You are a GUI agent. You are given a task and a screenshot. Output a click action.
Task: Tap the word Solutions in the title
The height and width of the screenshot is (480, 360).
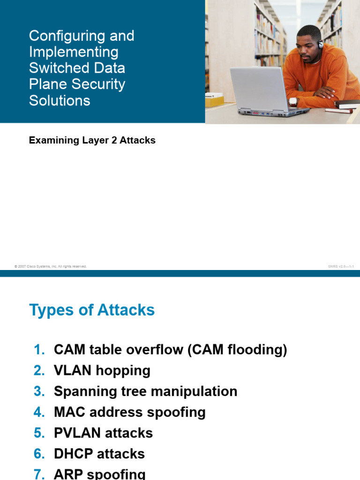click(60, 100)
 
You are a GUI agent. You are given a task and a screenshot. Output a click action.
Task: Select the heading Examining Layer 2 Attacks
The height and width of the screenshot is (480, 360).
click(92, 140)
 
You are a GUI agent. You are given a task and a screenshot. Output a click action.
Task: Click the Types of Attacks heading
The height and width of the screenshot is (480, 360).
click(92, 310)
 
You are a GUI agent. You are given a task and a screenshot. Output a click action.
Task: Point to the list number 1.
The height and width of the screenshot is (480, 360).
click(39, 350)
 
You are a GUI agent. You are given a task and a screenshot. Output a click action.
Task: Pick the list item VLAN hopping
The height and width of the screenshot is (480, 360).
click(102, 370)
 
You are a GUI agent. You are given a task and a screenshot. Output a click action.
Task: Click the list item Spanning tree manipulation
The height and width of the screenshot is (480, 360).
click(145, 391)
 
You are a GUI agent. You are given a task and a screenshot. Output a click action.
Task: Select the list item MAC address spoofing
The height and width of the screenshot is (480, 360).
click(130, 412)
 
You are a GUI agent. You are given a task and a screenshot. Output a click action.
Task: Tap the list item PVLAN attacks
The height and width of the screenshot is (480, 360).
click(103, 433)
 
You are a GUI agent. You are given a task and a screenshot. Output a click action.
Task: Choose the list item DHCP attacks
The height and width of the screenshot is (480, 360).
click(99, 454)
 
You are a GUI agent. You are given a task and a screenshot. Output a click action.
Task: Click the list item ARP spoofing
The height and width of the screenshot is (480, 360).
click(99, 473)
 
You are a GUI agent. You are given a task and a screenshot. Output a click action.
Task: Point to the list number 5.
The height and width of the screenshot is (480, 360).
click(39, 433)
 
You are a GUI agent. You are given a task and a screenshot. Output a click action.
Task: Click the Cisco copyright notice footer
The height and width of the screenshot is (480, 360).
click(51, 266)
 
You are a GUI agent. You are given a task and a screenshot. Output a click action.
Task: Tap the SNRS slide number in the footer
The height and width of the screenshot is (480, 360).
click(341, 266)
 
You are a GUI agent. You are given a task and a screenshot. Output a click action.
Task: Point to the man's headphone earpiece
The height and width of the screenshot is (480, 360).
click(320, 45)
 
